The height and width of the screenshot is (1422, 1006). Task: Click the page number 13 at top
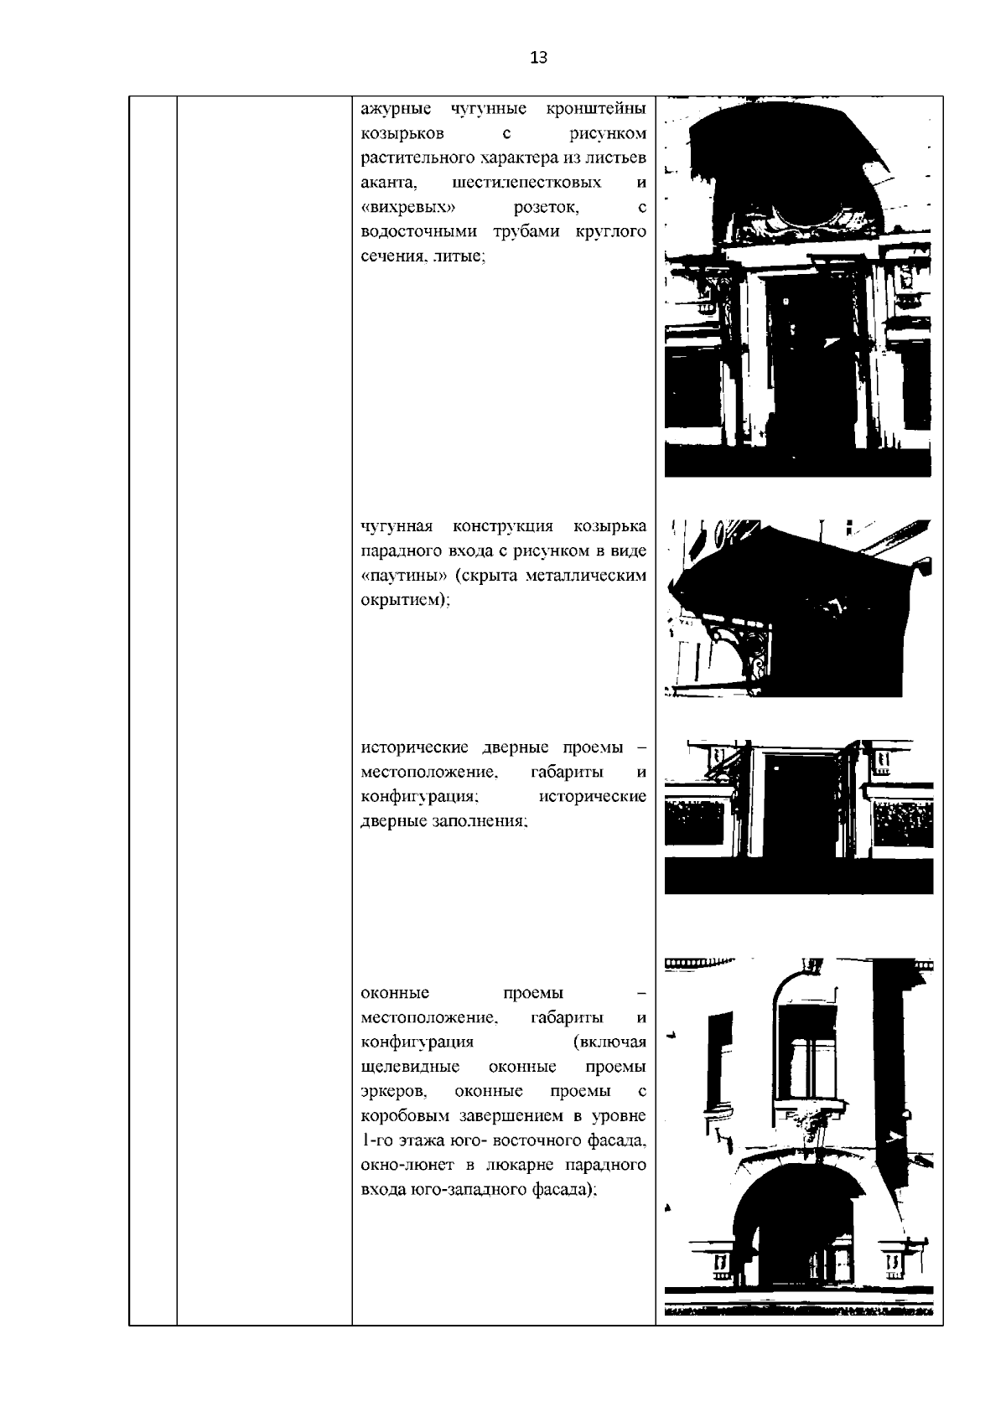[539, 58]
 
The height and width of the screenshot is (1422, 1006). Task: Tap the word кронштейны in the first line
[595, 109]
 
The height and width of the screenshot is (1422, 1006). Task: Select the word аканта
[383, 183]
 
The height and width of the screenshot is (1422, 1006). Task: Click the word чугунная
[397, 526]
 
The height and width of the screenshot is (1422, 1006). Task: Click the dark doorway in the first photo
[802, 369]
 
